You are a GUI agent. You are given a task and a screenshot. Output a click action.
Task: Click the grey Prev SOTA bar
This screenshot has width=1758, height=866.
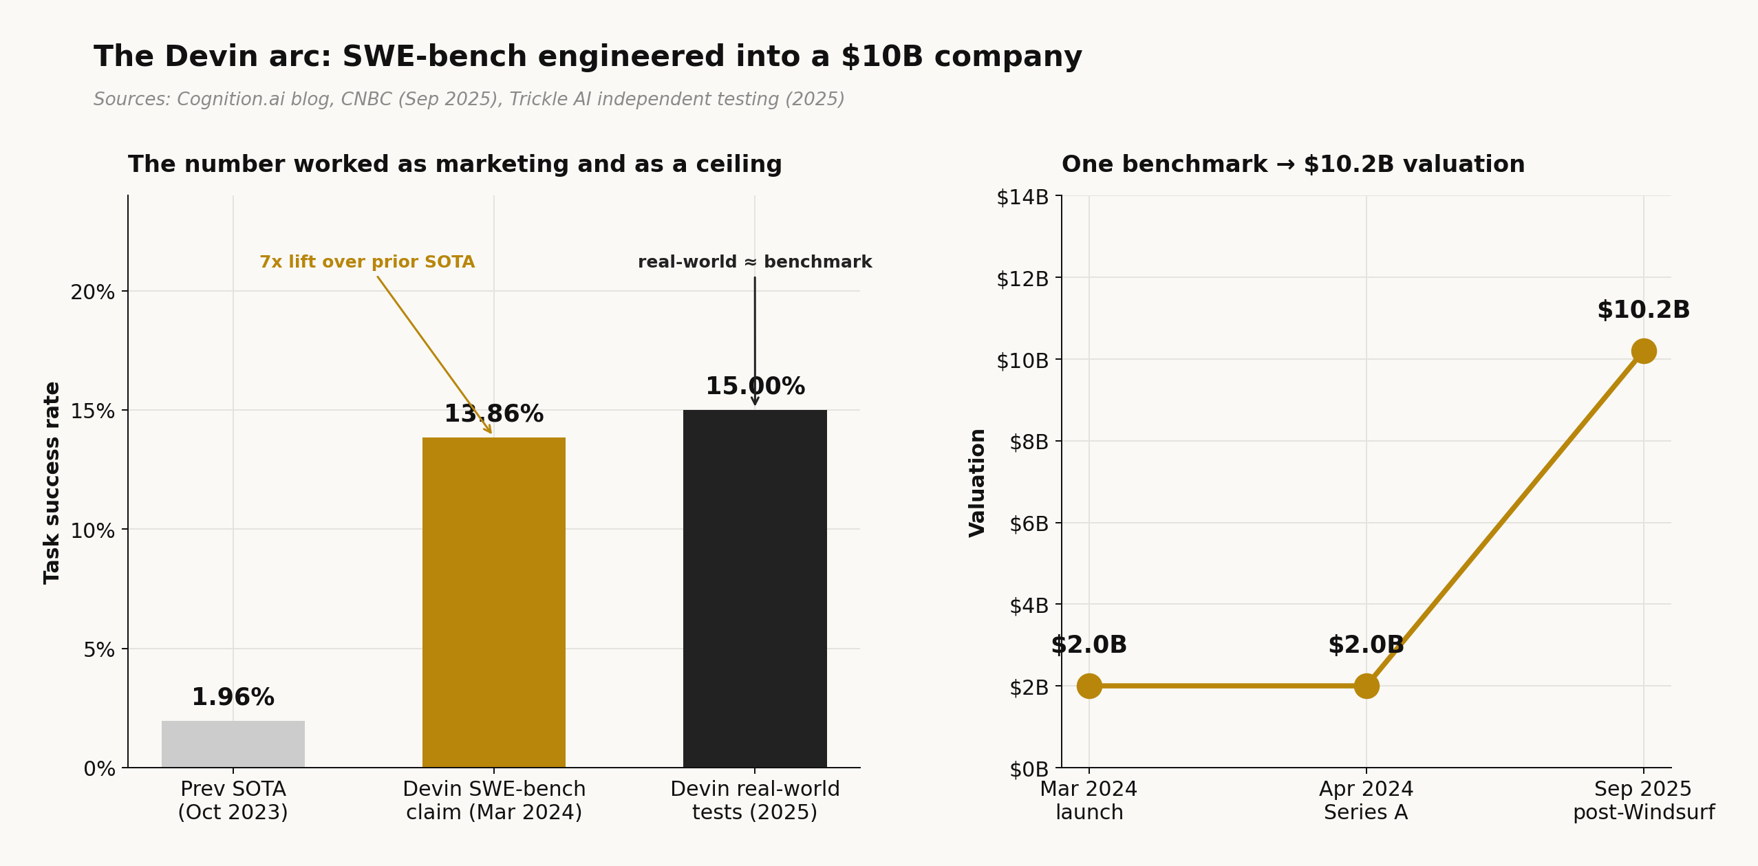[x=233, y=744]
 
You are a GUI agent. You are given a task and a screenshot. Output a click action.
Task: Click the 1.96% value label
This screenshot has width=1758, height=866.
[x=233, y=697]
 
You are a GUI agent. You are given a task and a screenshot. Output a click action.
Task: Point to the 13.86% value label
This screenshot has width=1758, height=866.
[x=493, y=414]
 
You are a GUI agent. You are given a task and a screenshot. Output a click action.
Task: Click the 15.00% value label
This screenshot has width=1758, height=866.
[x=754, y=387]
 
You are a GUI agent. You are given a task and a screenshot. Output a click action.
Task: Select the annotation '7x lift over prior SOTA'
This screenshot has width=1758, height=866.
[x=367, y=262]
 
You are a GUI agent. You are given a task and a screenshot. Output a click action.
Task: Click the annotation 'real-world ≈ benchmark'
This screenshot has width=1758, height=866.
[x=754, y=262]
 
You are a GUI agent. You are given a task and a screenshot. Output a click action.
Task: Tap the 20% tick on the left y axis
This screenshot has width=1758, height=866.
[x=92, y=292]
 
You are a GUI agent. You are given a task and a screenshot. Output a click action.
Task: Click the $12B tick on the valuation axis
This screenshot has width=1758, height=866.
[x=1022, y=279]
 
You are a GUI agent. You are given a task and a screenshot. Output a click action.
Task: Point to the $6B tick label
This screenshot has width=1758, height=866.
[x=1028, y=524]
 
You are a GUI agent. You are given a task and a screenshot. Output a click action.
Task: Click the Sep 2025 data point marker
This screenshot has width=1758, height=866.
[x=1643, y=351]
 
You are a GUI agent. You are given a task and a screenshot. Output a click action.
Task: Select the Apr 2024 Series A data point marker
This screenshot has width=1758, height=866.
[x=1366, y=686]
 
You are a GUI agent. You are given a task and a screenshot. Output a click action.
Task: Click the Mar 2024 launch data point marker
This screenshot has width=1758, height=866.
[x=1089, y=686]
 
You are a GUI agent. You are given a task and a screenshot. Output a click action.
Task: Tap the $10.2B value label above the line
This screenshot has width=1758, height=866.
[x=1642, y=310]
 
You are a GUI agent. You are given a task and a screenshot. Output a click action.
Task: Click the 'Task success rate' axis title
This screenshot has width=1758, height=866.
[x=52, y=483]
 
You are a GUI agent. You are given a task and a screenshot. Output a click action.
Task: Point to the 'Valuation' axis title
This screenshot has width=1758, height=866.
[x=977, y=483]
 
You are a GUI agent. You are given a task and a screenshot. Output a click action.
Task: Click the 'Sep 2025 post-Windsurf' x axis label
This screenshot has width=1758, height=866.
[x=1642, y=801]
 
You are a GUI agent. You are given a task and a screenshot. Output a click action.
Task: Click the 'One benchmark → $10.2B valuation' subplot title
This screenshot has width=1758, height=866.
[x=1293, y=164]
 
